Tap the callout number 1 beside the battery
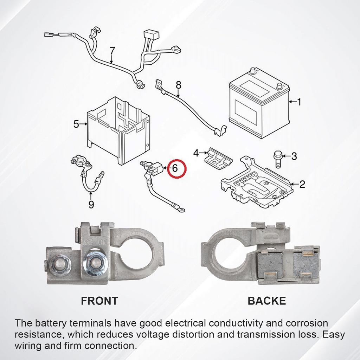pos(299,102)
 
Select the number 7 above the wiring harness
pos(112,51)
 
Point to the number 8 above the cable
pos(179,85)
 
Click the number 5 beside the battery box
pos(76,124)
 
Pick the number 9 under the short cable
pos(91,204)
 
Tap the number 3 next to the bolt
pos(294,156)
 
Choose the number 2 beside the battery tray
pos(302,184)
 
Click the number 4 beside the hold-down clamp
pos(196,153)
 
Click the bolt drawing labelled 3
pos(278,159)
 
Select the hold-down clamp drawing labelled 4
pos(218,158)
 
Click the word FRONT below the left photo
pos(99,301)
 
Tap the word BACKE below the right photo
pos(267,301)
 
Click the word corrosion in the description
pos(307,323)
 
